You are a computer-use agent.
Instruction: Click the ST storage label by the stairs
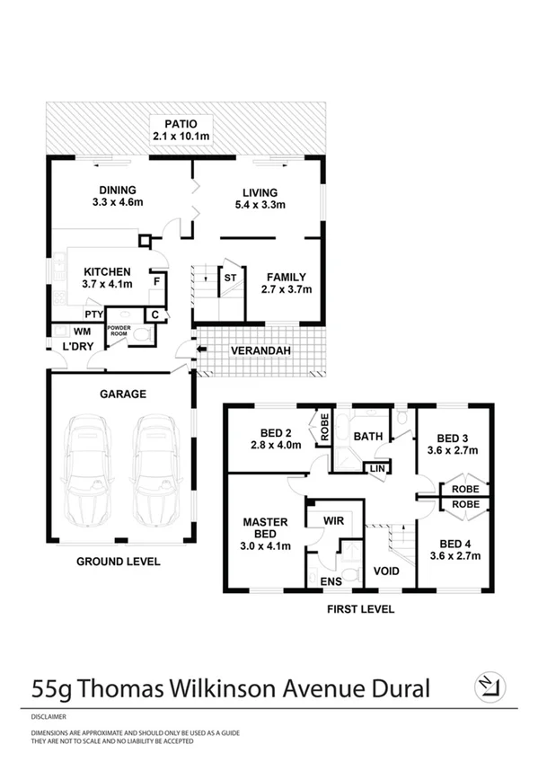point(230,278)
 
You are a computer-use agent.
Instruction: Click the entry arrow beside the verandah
point(184,350)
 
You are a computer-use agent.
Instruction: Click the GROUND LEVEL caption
point(118,562)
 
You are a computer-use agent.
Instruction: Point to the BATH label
point(369,437)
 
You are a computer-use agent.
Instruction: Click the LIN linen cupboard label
point(375,468)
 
